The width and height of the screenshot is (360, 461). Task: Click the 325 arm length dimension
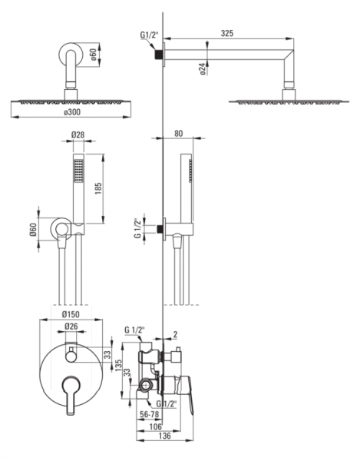[227, 33]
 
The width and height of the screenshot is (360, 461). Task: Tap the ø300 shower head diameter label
[72, 112]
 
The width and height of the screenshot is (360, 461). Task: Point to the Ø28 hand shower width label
[78, 134]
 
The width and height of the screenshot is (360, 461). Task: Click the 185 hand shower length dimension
[97, 188]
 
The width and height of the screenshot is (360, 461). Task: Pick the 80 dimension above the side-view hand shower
[179, 133]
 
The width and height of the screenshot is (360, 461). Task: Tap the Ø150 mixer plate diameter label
[71, 314]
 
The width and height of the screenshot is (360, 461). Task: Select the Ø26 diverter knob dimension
[71, 326]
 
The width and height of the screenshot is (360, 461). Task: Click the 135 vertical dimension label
[118, 365]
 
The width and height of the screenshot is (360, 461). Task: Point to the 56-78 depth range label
[150, 415]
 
